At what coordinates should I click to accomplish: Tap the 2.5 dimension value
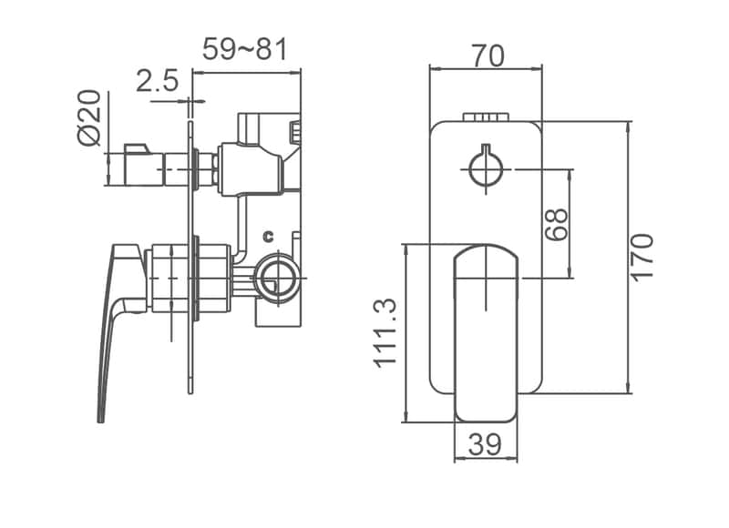[x=157, y=82]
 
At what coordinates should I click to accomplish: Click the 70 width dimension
[x=488, y=56]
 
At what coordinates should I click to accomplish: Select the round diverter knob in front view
[x=485, y=168]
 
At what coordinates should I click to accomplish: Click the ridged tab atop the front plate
[x=485, y=117]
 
